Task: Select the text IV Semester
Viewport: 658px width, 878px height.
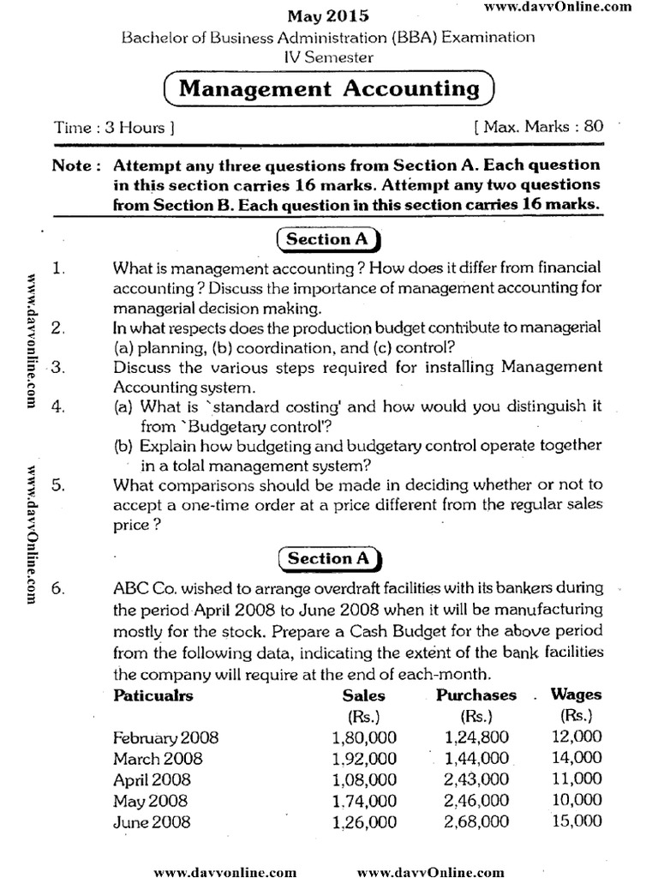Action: pos(328,57)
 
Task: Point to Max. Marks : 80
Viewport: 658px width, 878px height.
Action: pos(538,127)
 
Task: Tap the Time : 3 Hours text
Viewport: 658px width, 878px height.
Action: pos(115,128)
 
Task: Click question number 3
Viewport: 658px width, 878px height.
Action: pos(58,368)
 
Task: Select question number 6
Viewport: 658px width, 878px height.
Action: pos(58,590)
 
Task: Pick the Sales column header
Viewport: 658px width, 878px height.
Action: pos(363,695)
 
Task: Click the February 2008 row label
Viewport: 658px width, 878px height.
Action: pos(165,737)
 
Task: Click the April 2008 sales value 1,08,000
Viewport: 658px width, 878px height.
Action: pos(363,779)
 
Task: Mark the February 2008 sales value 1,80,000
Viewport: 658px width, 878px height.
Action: pos(363,737)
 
